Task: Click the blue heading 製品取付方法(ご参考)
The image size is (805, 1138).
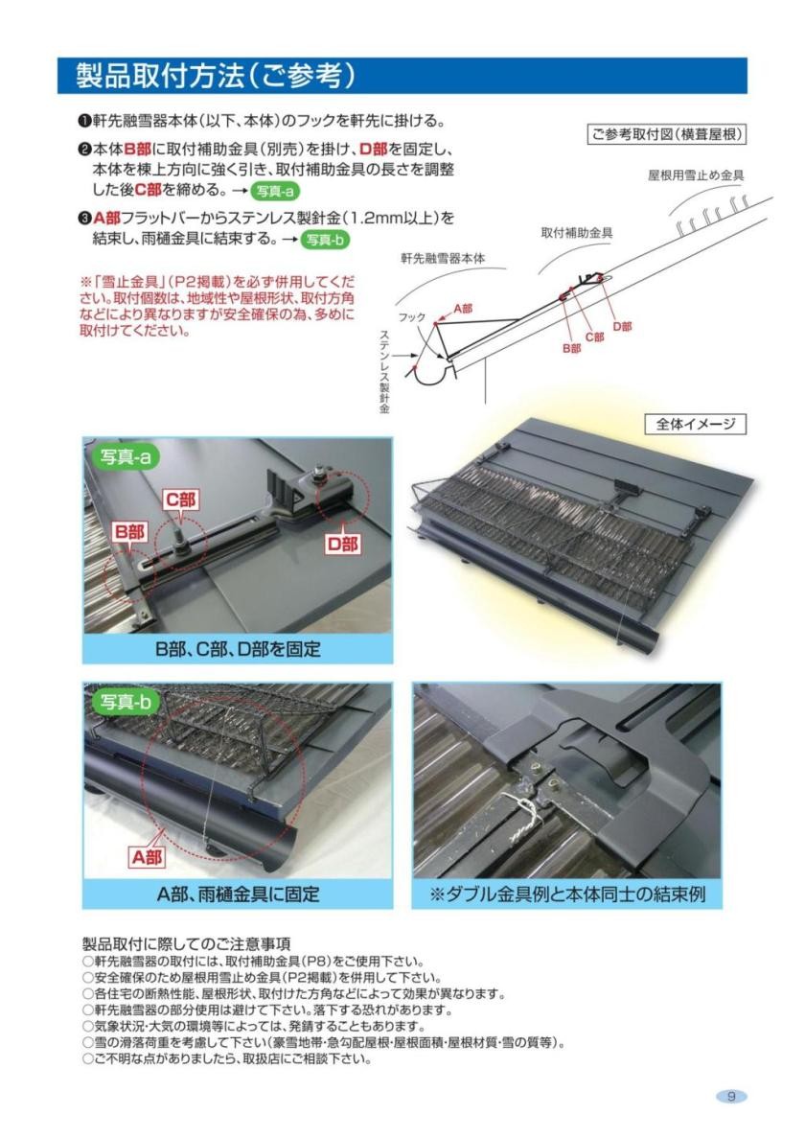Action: tap(216, 76)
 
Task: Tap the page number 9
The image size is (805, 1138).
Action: tap(731, 1096)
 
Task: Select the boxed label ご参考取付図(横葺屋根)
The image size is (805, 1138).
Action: tap(666, 134)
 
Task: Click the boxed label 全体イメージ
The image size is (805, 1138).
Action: tap(696, 424)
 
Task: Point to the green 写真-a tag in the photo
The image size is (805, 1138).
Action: tap(125, 456)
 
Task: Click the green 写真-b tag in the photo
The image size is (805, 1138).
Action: tap(125, 701)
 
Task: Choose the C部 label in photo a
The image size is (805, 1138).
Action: tap(180, 500)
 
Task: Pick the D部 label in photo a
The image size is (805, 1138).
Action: tap(341, 544)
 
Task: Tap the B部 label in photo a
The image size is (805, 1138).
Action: tap(129, 532)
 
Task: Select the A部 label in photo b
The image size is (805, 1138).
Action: tap(148, 857)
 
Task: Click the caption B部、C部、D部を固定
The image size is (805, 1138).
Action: tap(237, 648)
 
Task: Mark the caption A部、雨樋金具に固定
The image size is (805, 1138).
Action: tap(237, 894)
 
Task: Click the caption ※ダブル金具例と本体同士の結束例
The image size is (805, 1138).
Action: tap(566, 894)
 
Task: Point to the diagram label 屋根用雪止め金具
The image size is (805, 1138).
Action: tap(696, 174)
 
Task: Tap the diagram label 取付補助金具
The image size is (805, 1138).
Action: tap(577, 233)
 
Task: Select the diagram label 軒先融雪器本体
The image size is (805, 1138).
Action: tap(443, 258)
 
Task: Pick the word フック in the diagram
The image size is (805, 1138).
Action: tap(411, 318)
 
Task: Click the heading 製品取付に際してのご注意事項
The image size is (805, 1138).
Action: tap(186, 944)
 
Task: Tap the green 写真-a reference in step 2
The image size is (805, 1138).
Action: tap(275, 191)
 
